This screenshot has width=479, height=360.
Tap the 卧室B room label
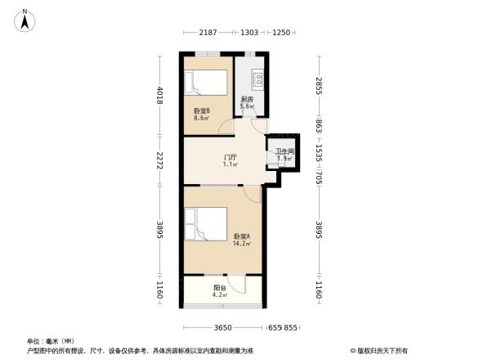(x=202, y=110)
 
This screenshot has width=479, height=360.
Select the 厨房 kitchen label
(x=246, y=99)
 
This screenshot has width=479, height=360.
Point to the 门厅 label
(x=231, y=157)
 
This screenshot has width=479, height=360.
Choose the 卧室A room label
(x=241, y=236)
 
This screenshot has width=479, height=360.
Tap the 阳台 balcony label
(x=220, y=287)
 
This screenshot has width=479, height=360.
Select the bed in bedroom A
(x=208, y=225)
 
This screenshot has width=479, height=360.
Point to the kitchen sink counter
(x=257, y=79)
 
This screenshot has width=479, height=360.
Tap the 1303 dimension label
(x=249, y=32)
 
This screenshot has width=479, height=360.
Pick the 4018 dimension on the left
(x=161, y=97)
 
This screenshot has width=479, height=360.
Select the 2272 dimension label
(x=161, y=161)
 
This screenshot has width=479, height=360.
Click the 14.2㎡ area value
(x=241, y=243)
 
